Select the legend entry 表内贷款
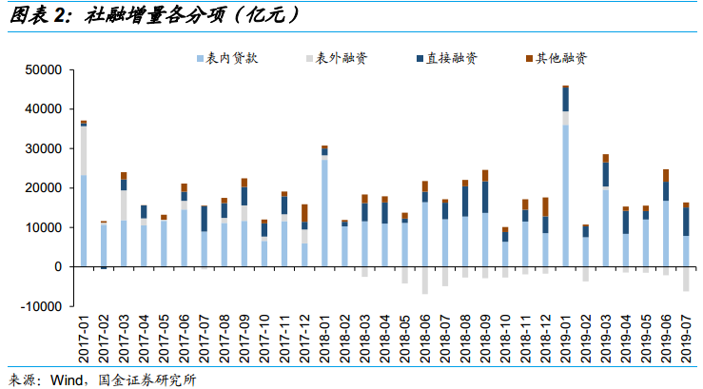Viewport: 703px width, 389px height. (232, 59)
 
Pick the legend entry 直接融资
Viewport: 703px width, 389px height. (451, 59)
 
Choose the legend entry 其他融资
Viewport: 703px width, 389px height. (560, 59)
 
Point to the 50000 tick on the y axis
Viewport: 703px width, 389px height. (43, 70)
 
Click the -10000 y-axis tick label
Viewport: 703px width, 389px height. (41, 306)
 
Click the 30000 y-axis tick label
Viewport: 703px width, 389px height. (43, 149)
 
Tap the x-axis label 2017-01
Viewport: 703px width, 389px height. (84, 340)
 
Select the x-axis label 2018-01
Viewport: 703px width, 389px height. (324, 340)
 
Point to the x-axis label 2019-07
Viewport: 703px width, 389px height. (685, 340)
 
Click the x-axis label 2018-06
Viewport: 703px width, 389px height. (424, 340)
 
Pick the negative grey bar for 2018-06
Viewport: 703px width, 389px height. (424, 281)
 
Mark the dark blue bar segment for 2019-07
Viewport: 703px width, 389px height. (685, 222)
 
